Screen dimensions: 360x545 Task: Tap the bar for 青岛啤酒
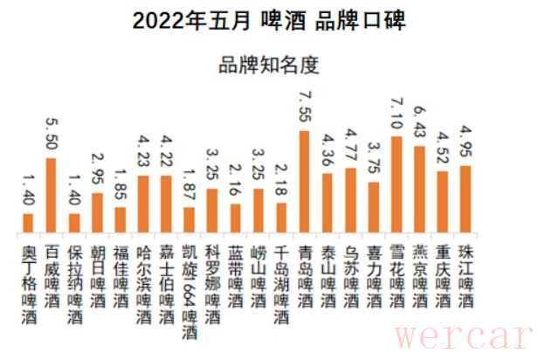(304, 182)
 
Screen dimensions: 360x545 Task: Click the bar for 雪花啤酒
(396, 185)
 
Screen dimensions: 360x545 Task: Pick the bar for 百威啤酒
(52, 196)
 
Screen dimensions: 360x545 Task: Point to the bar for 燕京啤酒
(418, 190)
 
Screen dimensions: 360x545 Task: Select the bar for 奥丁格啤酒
(28, 224)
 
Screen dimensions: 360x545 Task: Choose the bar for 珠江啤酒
(465, 199)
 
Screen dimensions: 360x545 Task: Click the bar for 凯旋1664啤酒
(189, 220)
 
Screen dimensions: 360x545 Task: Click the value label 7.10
(396, 113)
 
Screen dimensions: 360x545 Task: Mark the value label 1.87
(189, 186)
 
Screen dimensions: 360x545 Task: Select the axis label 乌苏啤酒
(349, 272)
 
